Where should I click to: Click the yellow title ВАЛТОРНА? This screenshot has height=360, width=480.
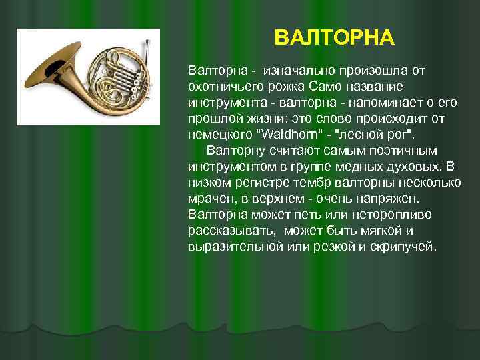click(x=334, y=37)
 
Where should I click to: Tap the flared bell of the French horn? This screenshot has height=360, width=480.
click(x=52, y=66)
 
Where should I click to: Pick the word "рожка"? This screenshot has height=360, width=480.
click(x=286, y=87)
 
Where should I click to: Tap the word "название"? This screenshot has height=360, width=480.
click(x=375, y=87)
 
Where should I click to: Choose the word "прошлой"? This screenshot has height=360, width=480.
click(x=211, y=119)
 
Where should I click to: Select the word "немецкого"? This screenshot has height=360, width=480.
click(x=220, y=135)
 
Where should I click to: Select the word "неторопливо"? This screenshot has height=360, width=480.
click(x=391, y=215)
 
